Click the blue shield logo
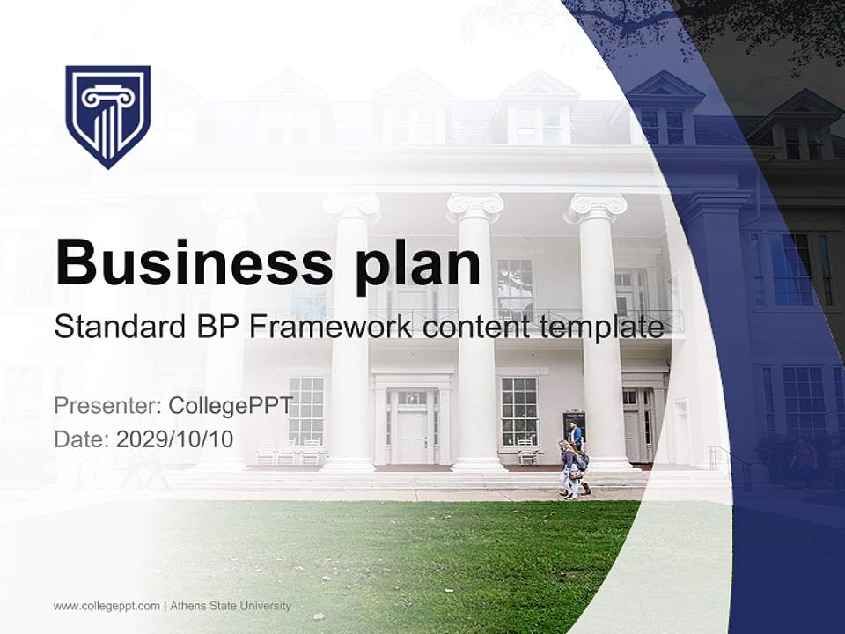[108, 115]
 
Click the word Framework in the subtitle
[331, 328]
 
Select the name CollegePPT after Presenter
[231, 406]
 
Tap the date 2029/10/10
[174, 439]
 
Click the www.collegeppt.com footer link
[107, 606]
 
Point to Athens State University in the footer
[231, 606]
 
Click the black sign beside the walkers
[574, 424]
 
